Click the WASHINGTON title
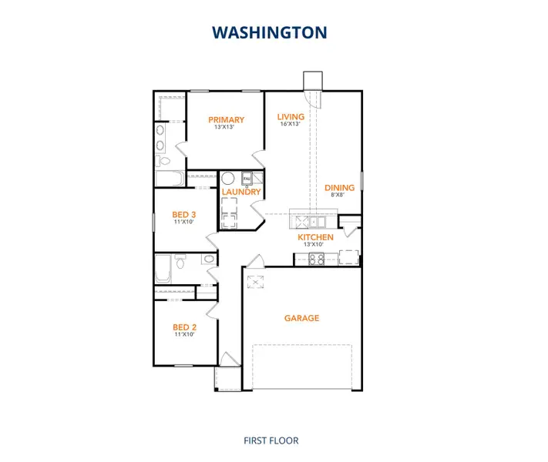coord(270,32)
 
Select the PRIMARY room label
coord(227,119)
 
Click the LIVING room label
coord(291,117)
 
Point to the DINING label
coord(339,187)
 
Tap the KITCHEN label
coord(316,237)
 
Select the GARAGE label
coord(301,317)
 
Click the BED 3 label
coord(182,214)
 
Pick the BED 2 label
coord(182,326)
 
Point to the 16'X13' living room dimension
coord(291,125)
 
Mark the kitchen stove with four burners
coord(316,259)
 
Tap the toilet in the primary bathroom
coord(163,161)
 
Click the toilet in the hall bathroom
coord(180,263)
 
